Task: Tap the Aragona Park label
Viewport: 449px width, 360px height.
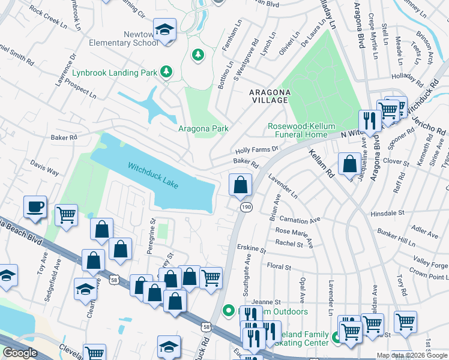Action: click(203, 129)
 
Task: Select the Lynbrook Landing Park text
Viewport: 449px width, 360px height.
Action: click(114, 73)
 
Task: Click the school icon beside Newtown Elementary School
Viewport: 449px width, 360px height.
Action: click(163, 29)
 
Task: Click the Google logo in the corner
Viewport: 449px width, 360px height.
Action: click(20, 353)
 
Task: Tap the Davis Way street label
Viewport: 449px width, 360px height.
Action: click(44, 167)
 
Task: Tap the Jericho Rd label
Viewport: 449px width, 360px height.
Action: click(432, 124)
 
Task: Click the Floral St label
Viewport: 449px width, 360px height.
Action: click(279, 266)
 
